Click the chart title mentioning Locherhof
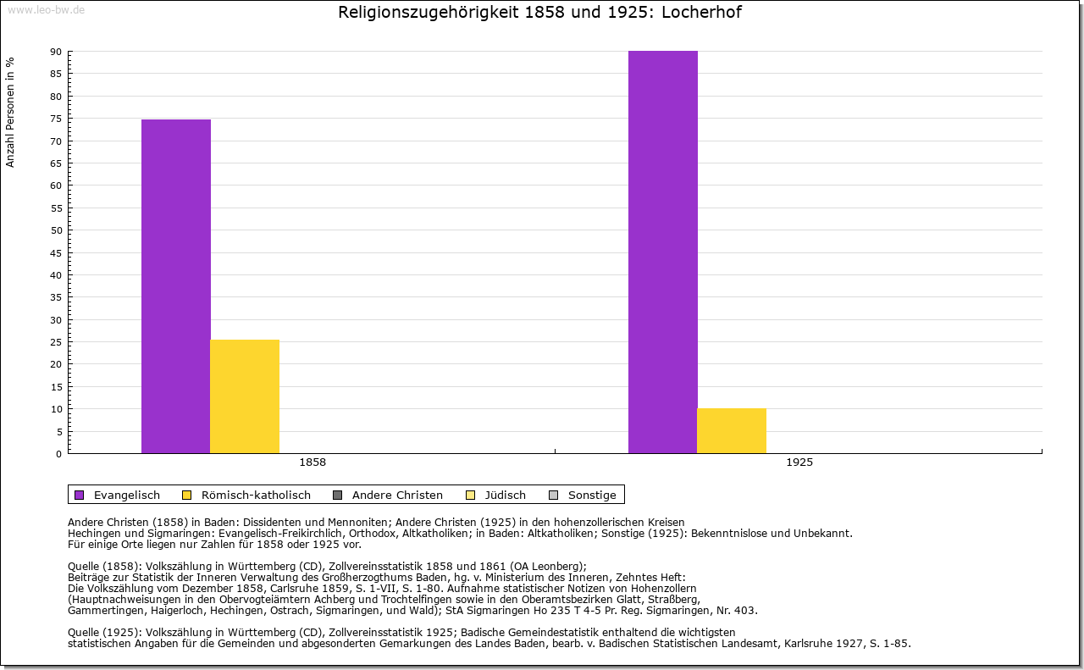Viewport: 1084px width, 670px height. (x=539, y=13)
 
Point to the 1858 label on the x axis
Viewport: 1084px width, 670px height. (x=312, y=463)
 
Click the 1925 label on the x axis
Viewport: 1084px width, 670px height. (x=799, y=463)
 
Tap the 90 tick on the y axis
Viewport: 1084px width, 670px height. (x=56, y=52)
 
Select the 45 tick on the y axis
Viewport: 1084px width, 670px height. (x=56, y=252)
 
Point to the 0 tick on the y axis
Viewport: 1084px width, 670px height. (x=58, y=454)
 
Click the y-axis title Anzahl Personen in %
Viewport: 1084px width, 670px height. (x=10, y=112)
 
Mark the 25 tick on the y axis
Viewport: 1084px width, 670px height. (x=56, y=342)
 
